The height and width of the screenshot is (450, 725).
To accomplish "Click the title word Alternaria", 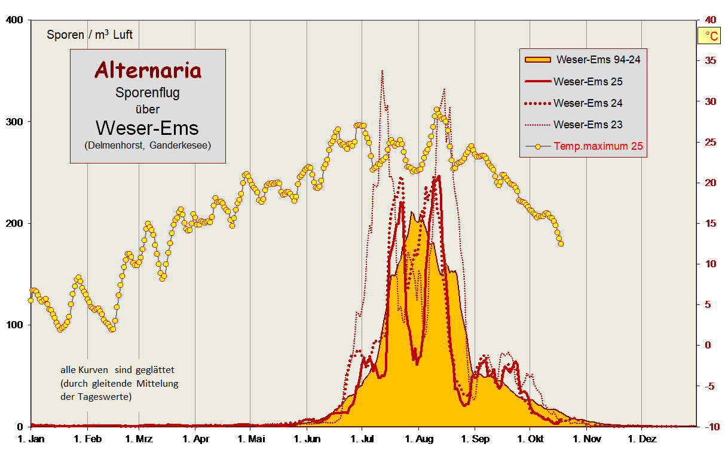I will point(148,70).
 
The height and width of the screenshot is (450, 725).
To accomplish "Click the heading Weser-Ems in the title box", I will point(148,127).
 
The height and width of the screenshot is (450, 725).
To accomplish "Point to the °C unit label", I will point(711,36).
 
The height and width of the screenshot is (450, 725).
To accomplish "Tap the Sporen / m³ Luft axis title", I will point(90,35).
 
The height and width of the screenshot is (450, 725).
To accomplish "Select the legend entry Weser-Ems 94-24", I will point(598,59).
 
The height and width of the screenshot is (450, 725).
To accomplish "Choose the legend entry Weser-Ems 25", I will point(588,81).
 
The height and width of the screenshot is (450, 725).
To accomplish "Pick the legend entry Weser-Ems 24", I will point(588,103).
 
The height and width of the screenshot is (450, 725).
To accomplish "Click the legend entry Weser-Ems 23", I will point(588,124).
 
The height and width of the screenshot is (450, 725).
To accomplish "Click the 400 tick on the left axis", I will point(14,20).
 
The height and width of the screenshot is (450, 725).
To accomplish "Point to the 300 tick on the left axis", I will point(14,122).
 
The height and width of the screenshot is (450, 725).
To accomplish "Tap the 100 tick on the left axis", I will point(14,325).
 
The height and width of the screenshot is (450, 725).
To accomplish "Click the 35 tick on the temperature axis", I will point(711,60).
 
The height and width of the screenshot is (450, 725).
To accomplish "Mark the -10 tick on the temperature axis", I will point(709,426).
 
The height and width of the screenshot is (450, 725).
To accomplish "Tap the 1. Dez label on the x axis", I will point(641,439).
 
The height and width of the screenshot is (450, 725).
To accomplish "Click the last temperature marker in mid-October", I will point(561,244).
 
